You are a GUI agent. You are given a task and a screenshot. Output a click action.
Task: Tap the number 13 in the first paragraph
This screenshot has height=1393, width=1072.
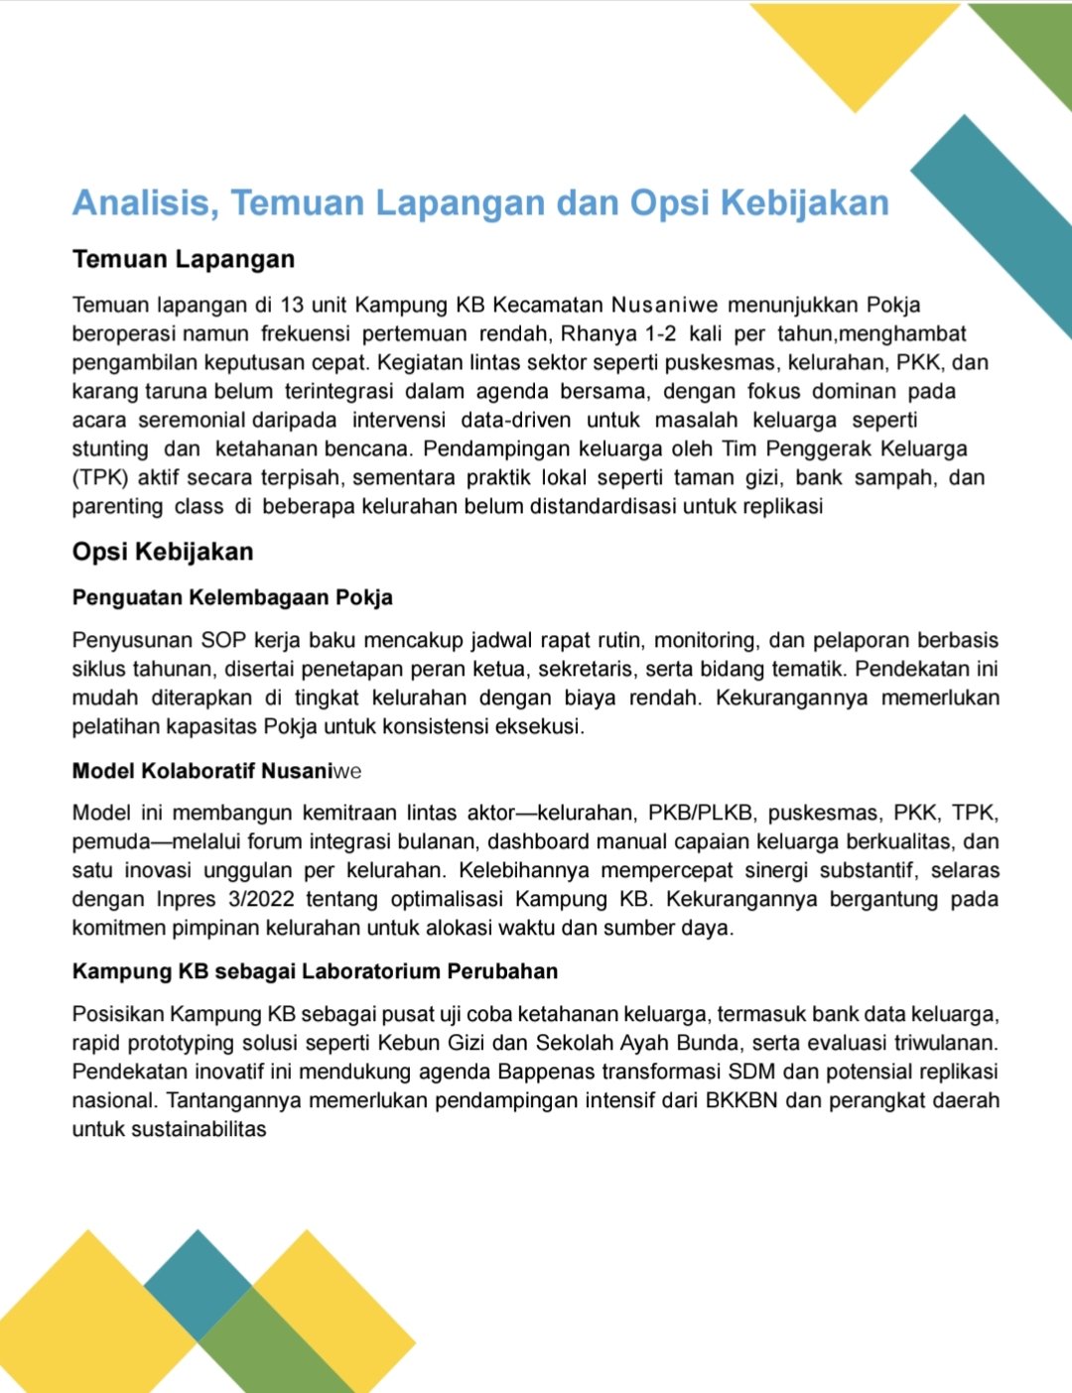[x=292, y=305]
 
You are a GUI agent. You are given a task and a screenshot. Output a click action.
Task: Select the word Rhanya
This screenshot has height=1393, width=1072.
[x=599, y=333]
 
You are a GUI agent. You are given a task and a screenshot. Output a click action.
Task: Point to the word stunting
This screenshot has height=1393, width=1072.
[x=109, y=448]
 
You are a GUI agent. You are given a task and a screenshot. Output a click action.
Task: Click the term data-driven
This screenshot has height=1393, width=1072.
[x=515, y=420]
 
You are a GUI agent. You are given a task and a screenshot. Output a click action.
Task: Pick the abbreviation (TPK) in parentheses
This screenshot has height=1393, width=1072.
[x=100, y=477]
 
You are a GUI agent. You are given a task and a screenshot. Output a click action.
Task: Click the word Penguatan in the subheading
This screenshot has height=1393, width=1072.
[x=127, y=597]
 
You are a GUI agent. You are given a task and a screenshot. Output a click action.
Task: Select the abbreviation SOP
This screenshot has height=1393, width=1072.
[x=223, y=640]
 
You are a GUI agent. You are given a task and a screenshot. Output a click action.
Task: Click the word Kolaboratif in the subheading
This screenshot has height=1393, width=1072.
[x=199, y=771]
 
